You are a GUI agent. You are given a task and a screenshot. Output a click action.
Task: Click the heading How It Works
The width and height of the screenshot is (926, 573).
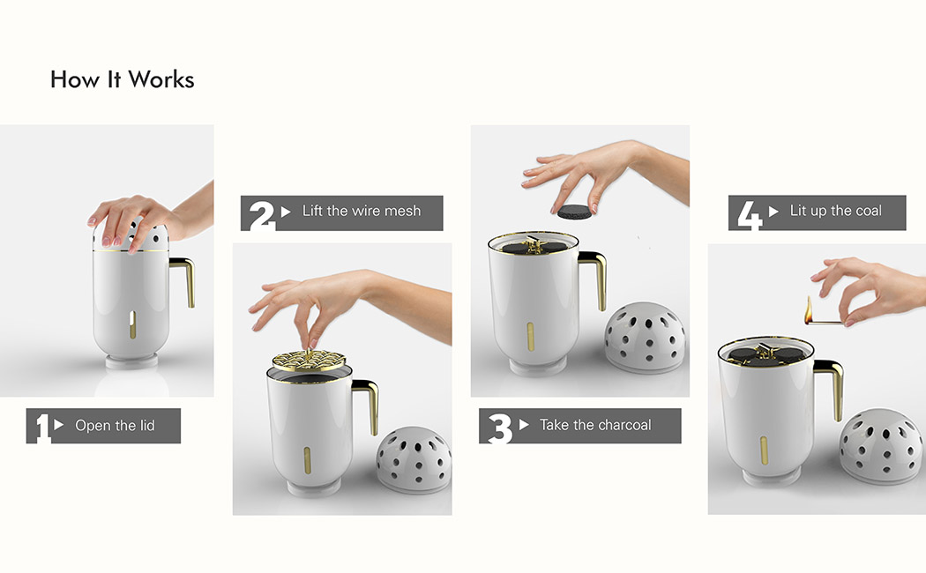point(123,79)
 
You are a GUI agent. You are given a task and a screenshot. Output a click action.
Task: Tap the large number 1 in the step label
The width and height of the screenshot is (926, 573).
point(42,428)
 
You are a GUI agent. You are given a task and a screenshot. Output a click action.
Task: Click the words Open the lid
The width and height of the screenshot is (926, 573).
point(115,426)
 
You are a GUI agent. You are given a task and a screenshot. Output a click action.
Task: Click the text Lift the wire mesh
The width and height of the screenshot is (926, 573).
point(362,211)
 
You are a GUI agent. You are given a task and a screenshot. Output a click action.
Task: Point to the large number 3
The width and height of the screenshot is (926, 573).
point(500,428)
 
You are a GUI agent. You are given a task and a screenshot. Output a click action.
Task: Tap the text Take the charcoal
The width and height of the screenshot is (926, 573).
point(595,425)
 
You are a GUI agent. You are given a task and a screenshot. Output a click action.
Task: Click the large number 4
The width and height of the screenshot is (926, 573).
point(750,215)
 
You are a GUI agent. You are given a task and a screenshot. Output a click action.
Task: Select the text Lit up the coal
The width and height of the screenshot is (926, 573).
point(835,211)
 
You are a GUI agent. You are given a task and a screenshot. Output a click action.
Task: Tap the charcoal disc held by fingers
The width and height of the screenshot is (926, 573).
point(575,212)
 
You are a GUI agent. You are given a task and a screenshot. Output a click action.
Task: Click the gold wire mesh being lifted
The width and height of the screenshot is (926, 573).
point(308,360)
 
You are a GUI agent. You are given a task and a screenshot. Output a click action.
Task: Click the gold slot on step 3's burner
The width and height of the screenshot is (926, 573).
point(530,335)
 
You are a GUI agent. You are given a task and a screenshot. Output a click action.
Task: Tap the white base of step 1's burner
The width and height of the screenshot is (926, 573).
point(131,360)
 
